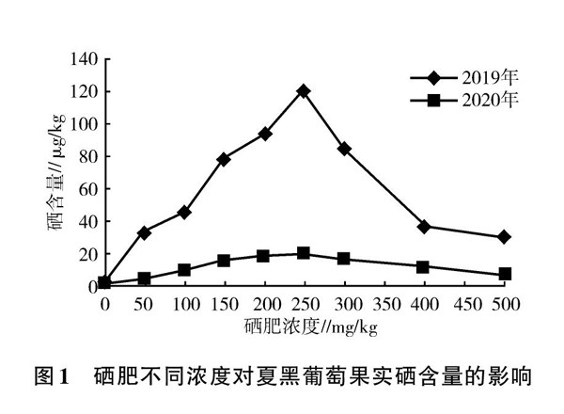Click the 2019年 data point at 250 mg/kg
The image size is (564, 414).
click(304, 91)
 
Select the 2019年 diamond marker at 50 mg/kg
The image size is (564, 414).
click(144, 232)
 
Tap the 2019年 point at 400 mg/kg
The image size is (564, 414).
click(424, 227)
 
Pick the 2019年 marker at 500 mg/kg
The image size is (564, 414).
click(505, 237)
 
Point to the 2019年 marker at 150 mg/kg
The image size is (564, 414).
click(224, 159)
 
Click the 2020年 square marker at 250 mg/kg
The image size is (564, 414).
click(304, 253)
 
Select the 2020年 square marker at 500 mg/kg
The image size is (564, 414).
click(505, 274)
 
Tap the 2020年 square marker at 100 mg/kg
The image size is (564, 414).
click(184, 270)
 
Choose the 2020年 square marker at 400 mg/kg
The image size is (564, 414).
click(424, 267)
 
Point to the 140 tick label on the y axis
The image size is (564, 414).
click(82, 59)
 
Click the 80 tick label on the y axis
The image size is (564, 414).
click(86, 156)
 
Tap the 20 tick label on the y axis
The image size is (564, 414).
click(86, 254)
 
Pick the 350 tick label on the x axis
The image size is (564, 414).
click(384, 305)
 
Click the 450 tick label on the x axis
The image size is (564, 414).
click(464, 305)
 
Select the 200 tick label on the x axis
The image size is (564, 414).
click(264, 305)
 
